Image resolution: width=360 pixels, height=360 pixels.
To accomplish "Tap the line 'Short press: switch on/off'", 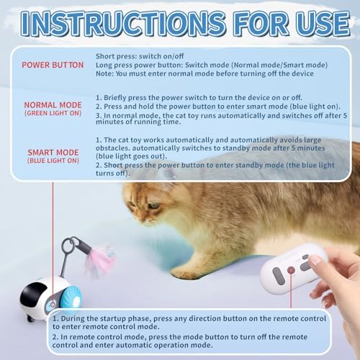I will click(x=137, y=55).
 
